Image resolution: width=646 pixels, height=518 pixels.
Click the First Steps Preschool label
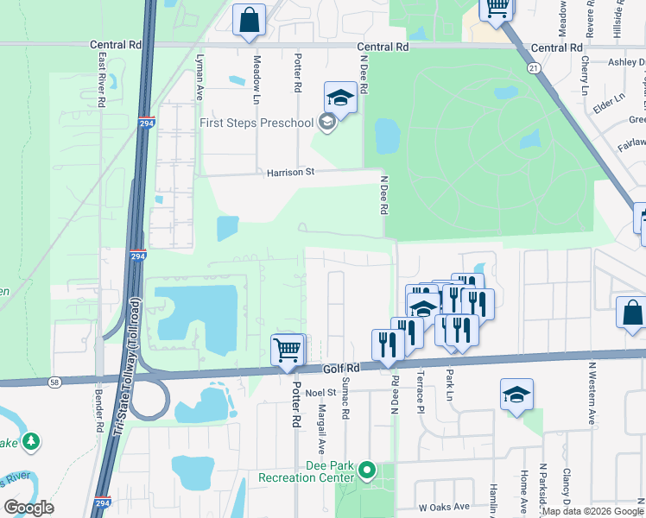[256, 123]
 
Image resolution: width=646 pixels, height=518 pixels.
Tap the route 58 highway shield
[54, 381]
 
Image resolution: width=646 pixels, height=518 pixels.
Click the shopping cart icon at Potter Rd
[288, 351]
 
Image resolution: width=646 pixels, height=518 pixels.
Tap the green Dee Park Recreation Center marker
[368, 471]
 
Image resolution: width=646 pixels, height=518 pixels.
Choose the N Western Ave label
[592, 415]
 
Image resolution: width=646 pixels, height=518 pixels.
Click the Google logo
[28, 507]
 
